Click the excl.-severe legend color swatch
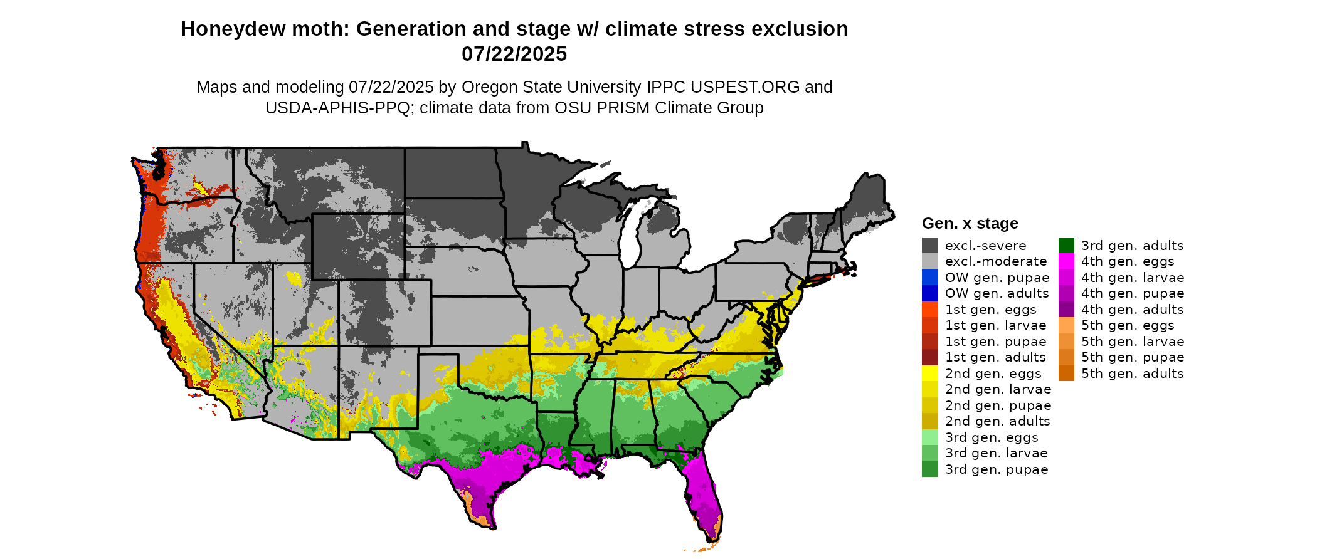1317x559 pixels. [929, 246]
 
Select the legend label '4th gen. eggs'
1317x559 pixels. [1128, 262]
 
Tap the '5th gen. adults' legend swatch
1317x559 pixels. [1066, 374]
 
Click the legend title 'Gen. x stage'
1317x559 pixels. [970, 224]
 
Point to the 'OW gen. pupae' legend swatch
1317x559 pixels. [929, 278]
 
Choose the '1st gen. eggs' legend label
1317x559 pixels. [990, 310]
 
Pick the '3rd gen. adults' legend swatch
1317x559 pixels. [1066, 246]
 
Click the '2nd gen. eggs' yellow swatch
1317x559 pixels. [929, 374]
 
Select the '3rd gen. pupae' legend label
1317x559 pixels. [997, 469]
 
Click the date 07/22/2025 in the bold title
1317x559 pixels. [514, 55]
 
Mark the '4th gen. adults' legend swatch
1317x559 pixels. [1066, 310]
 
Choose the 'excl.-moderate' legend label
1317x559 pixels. [996, 262]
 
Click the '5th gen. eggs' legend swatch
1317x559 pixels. [1066, 325]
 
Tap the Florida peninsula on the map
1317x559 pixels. [705, 495]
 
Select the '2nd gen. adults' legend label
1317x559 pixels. [997, 422]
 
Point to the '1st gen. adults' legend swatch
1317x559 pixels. [929, 357]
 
